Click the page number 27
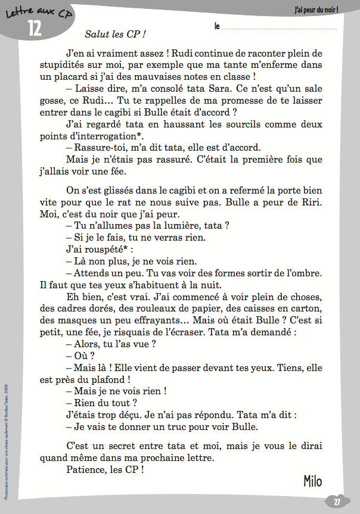[x=337, y=501]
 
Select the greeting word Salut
[x=97, y=35]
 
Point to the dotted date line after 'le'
[x=280, y=27]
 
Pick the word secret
[x=125, y=446]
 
